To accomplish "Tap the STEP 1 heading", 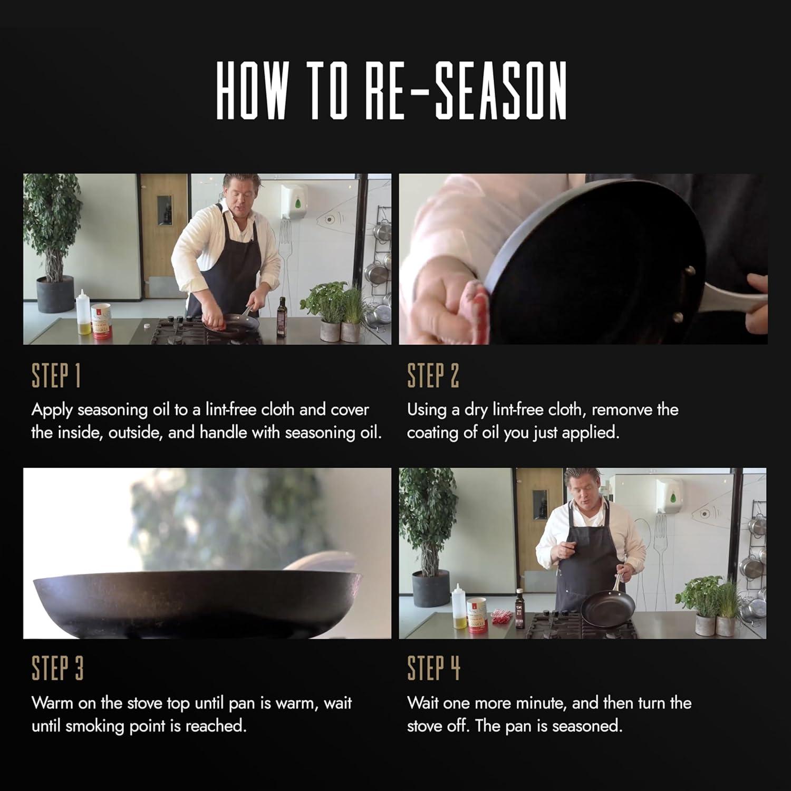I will coord(56,376).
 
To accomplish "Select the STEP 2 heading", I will coord(432,376).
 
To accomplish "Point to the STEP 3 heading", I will coord(57,669).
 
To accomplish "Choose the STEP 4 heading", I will coord(433,669).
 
